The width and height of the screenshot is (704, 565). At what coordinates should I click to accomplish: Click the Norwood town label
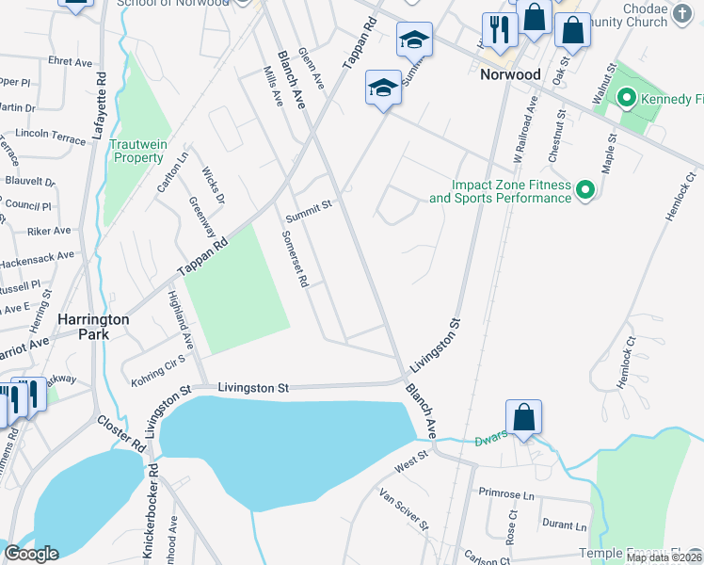(x=510, y=74)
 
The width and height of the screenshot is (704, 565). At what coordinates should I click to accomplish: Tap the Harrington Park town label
(x=93, y=327)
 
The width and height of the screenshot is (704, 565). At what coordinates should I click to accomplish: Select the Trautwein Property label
(x=139, y=151)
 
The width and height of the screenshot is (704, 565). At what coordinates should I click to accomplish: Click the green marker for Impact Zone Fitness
(x=585, y=190)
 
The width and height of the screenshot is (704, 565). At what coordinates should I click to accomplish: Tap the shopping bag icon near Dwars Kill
(x=523, y=416)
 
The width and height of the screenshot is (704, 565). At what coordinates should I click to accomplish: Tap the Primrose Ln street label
(x=505, y=493)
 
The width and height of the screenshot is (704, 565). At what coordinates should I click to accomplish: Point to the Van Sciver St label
(x=404, y=508)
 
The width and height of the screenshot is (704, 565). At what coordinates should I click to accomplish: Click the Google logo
(x=31, y=554)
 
